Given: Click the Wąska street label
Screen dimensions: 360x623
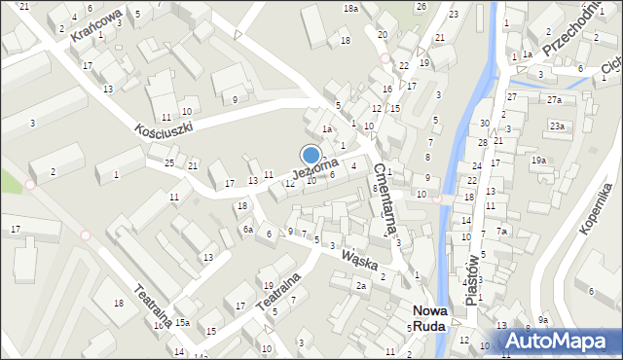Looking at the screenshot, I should [x=359, y=261].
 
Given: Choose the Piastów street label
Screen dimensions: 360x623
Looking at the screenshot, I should [x=474, y=281].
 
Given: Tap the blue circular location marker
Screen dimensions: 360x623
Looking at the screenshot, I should [x=311, y=155].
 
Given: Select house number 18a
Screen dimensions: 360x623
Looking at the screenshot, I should [x=350, y=8].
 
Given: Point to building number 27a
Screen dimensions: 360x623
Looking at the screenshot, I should [x=554, y=100].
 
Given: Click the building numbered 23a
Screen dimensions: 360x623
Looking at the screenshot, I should [x=556, y=126].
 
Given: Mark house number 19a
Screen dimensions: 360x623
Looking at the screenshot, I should [x=538, y=161].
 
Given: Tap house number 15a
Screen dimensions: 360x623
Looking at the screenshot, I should [x=182, y=322].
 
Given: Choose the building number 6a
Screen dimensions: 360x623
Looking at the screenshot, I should [x=248, y=229].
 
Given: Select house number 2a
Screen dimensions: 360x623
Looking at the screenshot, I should [x=360, y=285].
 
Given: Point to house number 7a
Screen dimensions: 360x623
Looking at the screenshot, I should [x=502, y=232].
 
